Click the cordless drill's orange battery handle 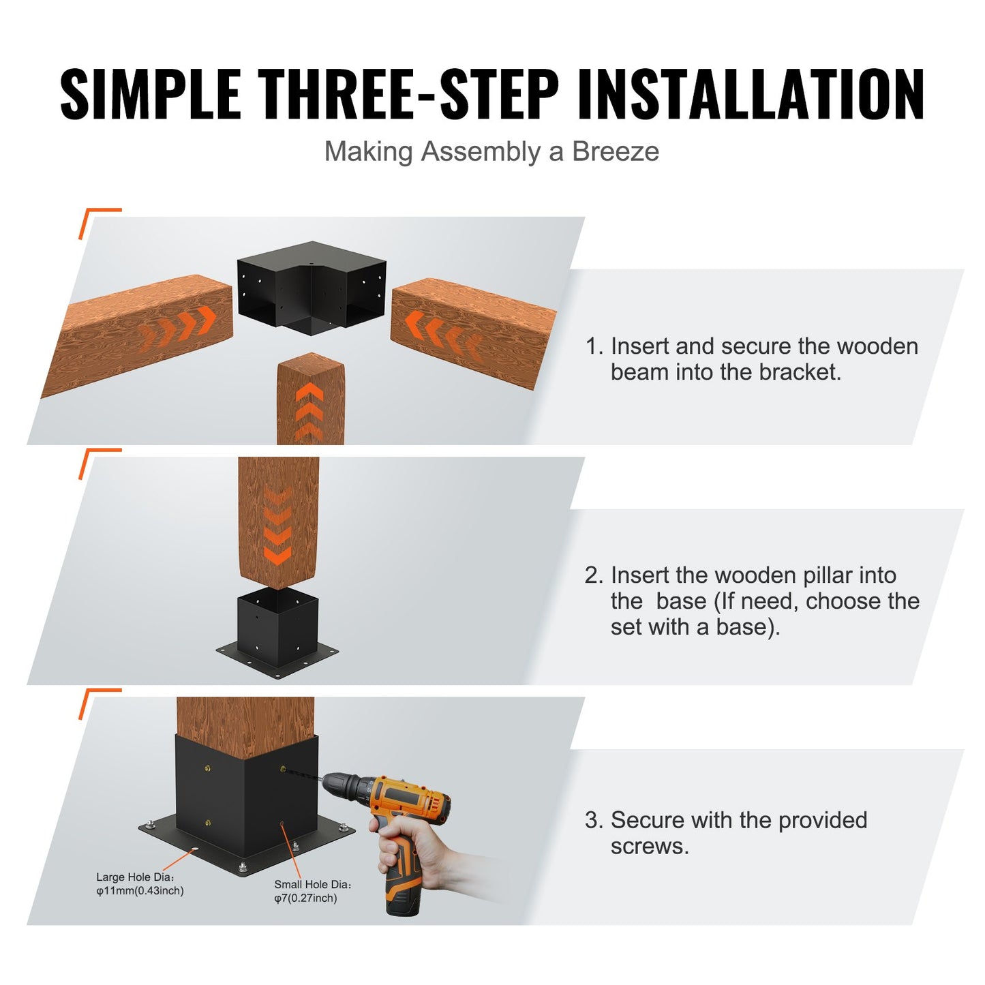[402, 879]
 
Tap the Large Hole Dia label [135, 877]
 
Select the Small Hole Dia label [312, 884]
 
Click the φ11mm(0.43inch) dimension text [140, 891]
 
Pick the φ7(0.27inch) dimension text [305, 898]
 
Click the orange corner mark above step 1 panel [95, 218]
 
